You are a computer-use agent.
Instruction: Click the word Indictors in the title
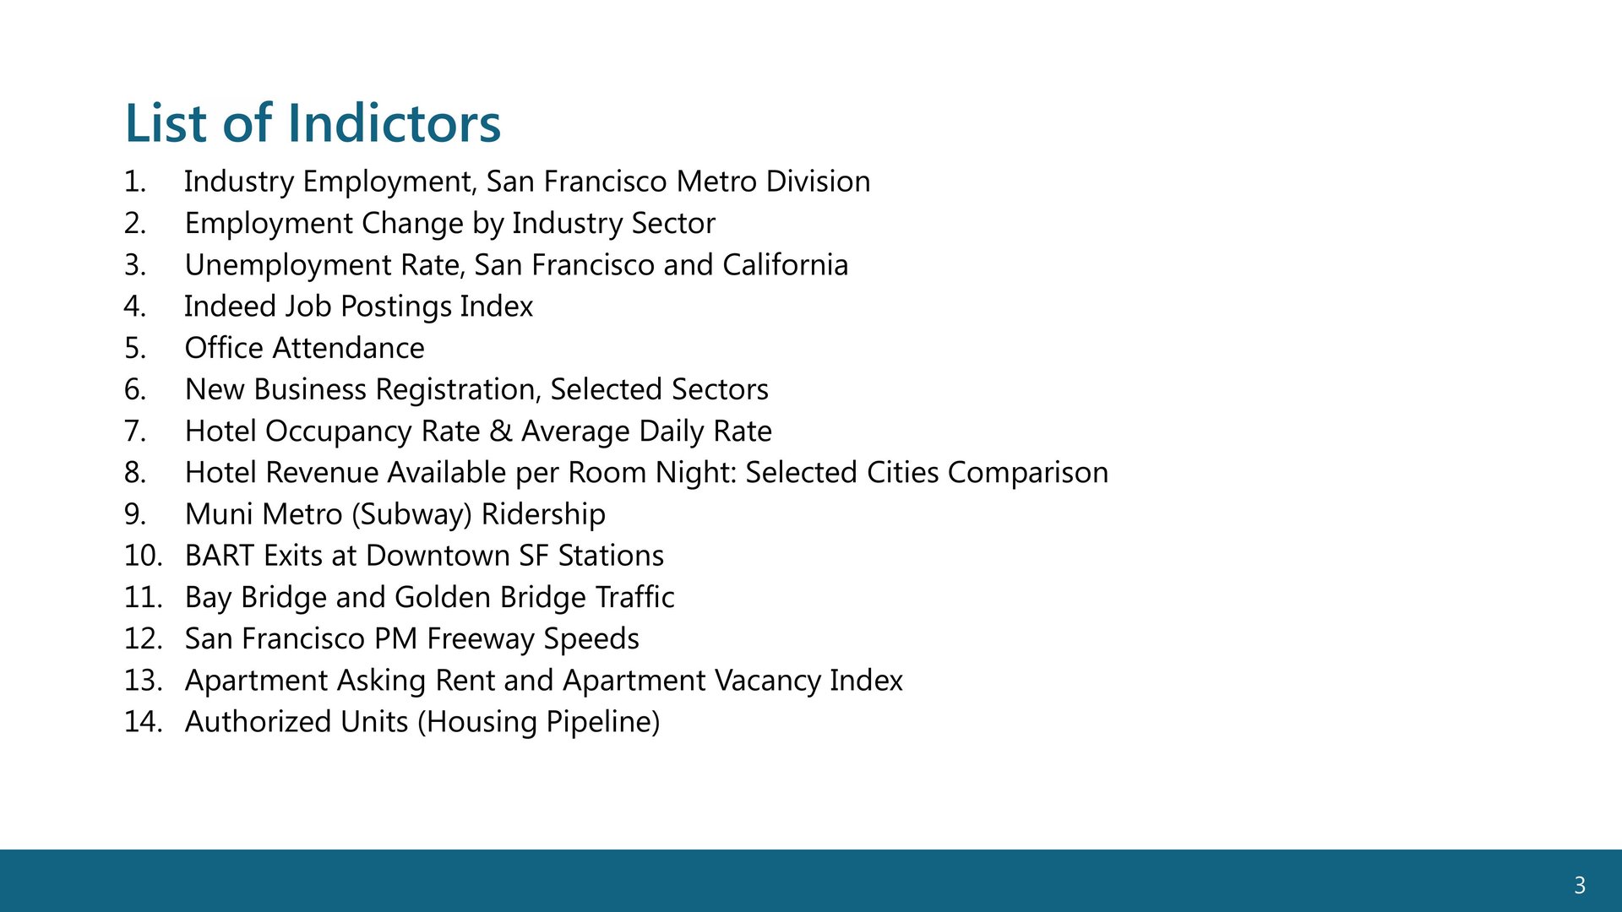click(395, 123)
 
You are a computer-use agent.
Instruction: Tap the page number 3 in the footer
click(1580, 885)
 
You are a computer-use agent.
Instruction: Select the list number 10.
click(143, 556)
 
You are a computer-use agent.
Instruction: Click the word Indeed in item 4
click(231, 306)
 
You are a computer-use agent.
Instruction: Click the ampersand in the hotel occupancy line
click(501, 432)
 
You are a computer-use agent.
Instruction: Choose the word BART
click(220, 556)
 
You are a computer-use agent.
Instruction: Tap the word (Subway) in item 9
click(416, 515)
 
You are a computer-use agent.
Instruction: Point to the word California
click(785, 265)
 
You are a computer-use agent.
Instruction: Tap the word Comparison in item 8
click(1028, 474)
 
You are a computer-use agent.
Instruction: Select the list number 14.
click(143, 722)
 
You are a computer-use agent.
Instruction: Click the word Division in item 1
click(818, 182)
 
